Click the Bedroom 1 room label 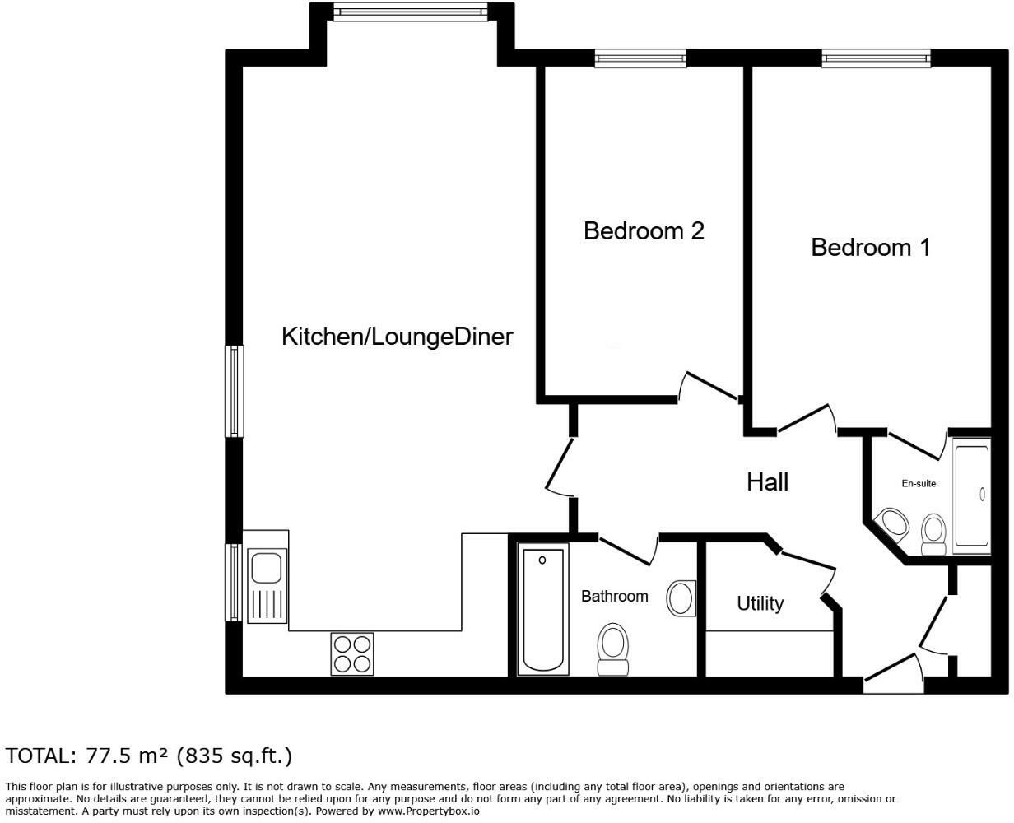[x=870, y=247]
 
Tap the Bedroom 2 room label [x=644, y=230]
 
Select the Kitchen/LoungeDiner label [x=397, y=336]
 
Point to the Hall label [x=767, y=481]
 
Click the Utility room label [x=760, y=603]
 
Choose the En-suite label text [x=919, y=484]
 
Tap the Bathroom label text [x=614, y=596]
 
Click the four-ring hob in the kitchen [x=352, y=653]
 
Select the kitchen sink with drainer [x=266, y=585]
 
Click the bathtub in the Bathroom [x=543, y=609]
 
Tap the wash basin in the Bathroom [x=681, y=597]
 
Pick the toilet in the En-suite [x=934, y=532]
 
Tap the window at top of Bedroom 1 [x=876, y=58]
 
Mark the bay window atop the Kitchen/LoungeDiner [x=411, y=11]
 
